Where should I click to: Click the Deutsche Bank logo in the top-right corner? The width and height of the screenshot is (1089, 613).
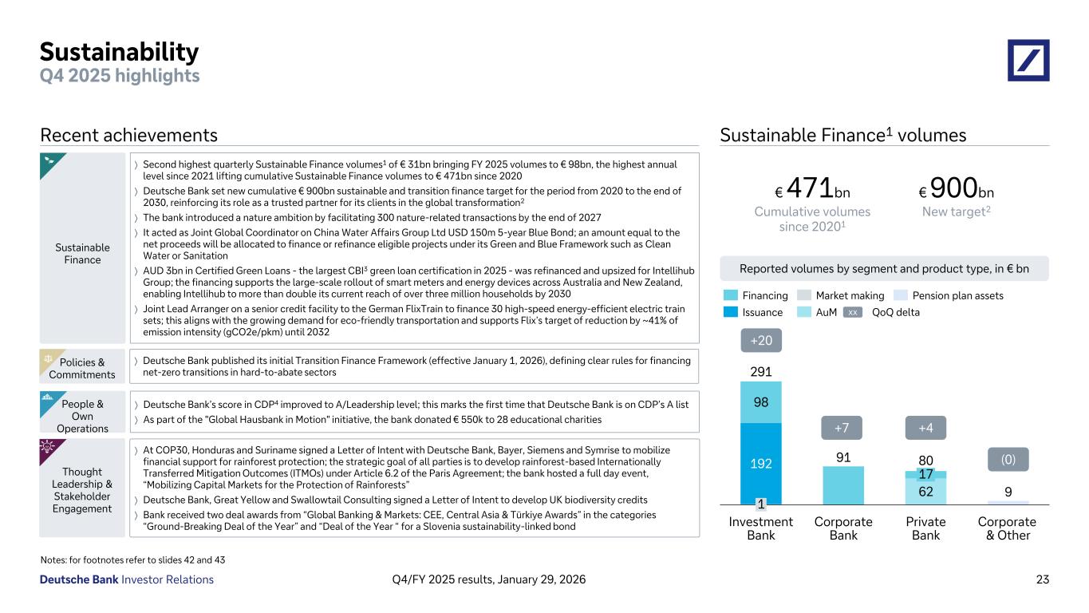click(1028, 60)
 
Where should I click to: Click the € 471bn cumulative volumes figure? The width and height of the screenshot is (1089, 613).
click(812, 190)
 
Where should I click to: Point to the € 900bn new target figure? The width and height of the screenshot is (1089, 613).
click(957, 190)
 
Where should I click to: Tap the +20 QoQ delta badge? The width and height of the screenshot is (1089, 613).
click(760, 341)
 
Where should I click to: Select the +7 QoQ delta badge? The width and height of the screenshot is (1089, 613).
click(843, 428)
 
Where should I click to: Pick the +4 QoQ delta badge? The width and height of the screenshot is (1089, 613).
click(925, 428)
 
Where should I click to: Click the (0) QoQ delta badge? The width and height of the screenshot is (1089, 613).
click(1008, 459)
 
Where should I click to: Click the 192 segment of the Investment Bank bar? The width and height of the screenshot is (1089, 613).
click(760, 461)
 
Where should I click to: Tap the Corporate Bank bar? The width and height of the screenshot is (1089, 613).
click(843, 485)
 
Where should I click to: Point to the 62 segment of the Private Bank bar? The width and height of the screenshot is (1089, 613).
click(925, 491)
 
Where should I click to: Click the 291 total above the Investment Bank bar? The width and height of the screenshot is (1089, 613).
click(760, 372)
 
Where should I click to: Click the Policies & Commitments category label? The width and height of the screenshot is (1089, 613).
click(82, 369)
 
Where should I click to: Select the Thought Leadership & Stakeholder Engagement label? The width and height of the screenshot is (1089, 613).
click(82, 490)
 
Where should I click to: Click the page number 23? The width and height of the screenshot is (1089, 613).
click(1042, 579)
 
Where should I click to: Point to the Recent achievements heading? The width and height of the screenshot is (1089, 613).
click(128, 136)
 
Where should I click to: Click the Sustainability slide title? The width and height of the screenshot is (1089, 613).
click(120, 53)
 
